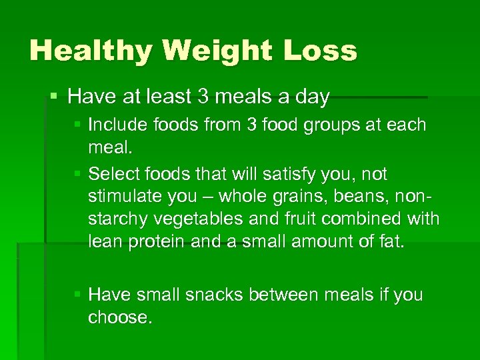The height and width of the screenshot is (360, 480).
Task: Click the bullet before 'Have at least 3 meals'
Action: click(x=55, y=97)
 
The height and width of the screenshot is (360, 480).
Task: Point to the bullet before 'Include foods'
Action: click(x=79, y=125)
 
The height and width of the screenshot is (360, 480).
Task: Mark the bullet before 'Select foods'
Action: click(x=79, y=174)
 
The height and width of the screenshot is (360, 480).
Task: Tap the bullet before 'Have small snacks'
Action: click(x=79, y=295)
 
